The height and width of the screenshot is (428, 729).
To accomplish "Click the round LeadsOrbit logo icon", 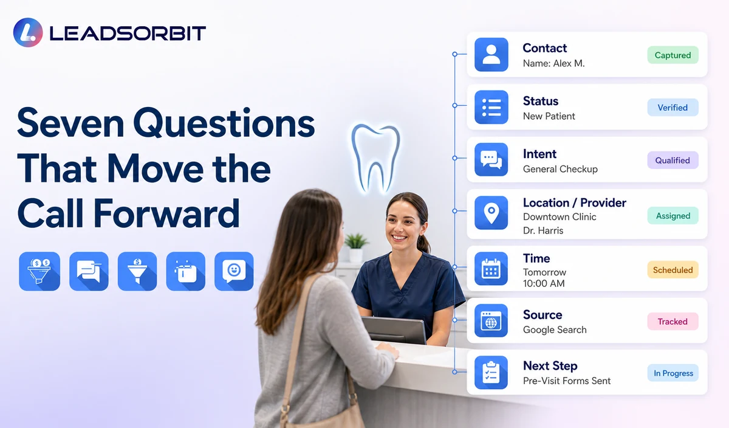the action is pyautogui.click(x=28, y=33).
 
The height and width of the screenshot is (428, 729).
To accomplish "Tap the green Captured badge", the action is pyautogui.click(x=673, y=55).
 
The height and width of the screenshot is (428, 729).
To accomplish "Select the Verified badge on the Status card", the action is pyautogui.click(x=673, y=108).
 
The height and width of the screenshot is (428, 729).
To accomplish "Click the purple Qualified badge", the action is pyautogui.click(x=673, y=160).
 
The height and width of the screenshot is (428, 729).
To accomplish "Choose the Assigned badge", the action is pyautogui.click(x=673, y=216).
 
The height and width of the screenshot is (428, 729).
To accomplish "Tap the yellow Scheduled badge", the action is pyautogui.click(x=673, y=270).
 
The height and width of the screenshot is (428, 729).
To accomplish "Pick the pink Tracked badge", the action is pyautogui.click(x=673, y=322).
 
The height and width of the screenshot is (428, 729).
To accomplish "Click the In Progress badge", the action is pyautogui.click(x=673, y=373).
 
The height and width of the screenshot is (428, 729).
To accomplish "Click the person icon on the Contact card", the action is pyautogui.click(x=491, y=54).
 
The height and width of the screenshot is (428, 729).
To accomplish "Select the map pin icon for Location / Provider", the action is pyautogui.click(x=491, y=213).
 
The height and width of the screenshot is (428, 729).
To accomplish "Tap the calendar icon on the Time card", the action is pyautogui.click(x=491, y=269).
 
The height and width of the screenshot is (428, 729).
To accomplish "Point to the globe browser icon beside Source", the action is pyautogui.click(x=491, y=320).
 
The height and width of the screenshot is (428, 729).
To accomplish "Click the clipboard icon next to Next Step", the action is pyautogui.click(x=491, y=372).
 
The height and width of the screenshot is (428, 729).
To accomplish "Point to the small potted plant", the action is pyautogui.click(x=356, y=247).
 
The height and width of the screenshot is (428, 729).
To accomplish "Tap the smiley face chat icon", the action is pyautogui.click(x=234, y=271).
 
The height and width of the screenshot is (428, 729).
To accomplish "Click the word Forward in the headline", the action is pyautogui.click(x=166, y=213).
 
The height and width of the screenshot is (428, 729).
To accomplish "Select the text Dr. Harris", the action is pyautogui.click(x=543, y=230).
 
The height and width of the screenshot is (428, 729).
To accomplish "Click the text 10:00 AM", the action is pyautogui.click(x=544, y=283).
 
